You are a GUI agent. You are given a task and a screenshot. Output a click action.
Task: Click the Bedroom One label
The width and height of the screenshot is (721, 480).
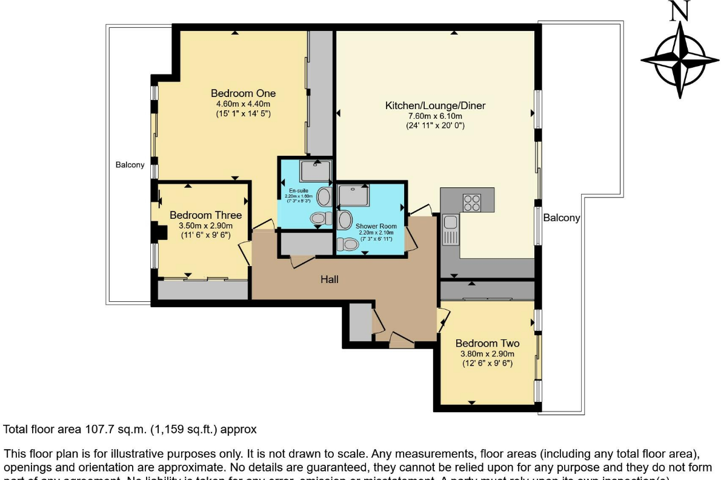(x=243, y=93)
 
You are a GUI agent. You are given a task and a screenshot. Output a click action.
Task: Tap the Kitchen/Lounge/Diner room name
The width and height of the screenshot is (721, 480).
(x=435, y=106)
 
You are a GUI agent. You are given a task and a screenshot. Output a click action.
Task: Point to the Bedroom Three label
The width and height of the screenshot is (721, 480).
(x=205, y=215)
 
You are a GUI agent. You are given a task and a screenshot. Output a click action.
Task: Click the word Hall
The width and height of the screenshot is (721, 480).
(x=330, y=279)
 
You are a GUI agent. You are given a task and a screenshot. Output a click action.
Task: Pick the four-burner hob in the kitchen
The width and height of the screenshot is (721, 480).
(x=471, y=202)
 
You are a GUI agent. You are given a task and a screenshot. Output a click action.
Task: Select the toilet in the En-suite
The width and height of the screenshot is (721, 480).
(x=317, y=218)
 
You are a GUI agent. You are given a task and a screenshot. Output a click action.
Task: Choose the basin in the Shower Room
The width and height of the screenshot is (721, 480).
(x=345, y=220)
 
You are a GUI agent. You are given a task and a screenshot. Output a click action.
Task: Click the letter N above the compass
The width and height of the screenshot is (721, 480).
(x=679, y=10)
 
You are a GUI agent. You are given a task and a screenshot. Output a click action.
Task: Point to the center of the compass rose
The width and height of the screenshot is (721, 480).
(x=680, y=59)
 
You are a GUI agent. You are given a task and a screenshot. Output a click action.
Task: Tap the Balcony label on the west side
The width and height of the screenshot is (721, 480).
(x=130, y=165)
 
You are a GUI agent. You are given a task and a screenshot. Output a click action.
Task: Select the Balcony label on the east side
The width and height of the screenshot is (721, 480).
(x=561, y=218)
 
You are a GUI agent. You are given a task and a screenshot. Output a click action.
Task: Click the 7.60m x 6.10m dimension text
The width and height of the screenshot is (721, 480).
(x=435, y=116)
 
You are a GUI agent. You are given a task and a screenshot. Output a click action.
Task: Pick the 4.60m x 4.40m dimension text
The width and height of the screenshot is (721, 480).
(x=243, y=104)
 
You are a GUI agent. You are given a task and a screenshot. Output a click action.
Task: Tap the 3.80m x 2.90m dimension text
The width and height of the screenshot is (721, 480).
(x=487, y=354)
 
